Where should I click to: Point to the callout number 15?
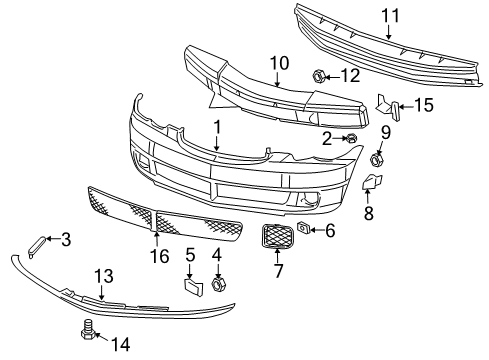(423, 104)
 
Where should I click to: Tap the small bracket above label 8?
(369, 181)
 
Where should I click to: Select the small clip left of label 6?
(303, 231)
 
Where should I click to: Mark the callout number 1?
(216, 127)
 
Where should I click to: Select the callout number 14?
(120, 344)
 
